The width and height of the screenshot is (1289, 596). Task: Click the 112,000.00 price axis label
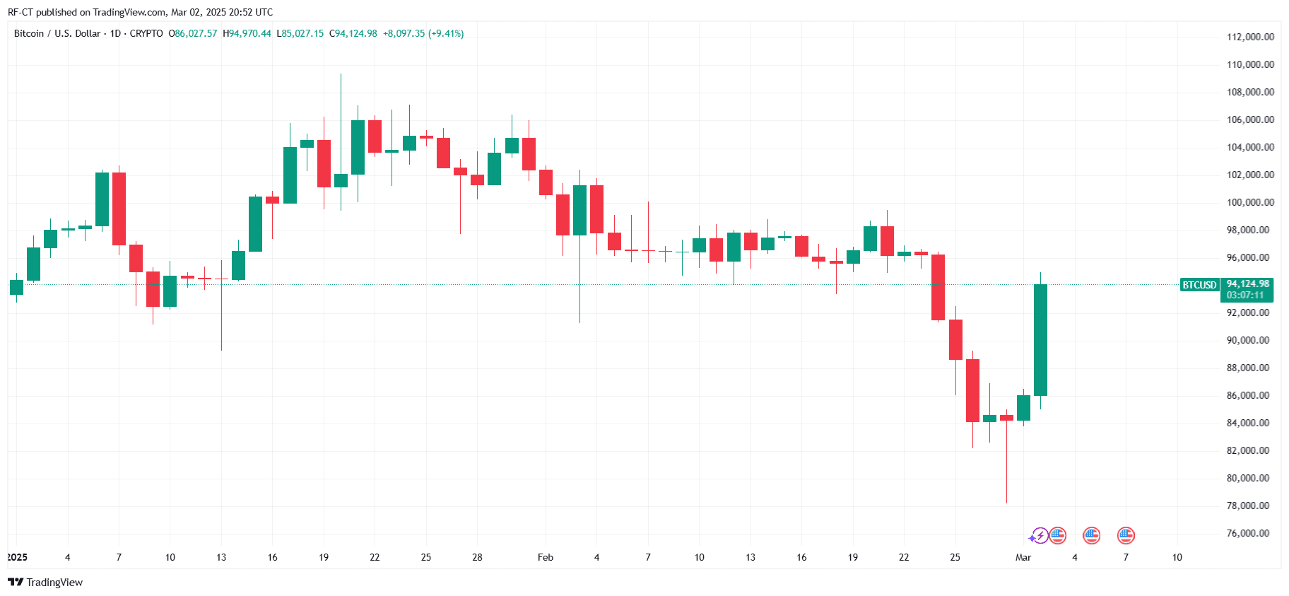(x=1250, y=37)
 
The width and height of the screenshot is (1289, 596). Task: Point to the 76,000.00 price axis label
(x=1250, y=533)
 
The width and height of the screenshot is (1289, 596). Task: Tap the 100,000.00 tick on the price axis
(x=1250, y=202)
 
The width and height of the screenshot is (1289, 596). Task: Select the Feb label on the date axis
(x=545, y=557)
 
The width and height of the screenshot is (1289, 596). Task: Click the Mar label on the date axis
(x=1023, y=557)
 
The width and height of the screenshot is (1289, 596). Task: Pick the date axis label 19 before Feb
(x=324, y=557)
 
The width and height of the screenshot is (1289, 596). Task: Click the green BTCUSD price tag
(x=1199, y=285)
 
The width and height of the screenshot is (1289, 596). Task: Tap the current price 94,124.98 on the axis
(x=1247, y=284)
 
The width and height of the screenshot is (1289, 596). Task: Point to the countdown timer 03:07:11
(x=1245, y=295)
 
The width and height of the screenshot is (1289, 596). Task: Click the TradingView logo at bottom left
(x=45, y=582)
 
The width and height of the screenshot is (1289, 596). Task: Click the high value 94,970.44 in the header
(x=249, y=33)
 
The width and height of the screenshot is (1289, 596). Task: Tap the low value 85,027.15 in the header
(x=302, y=33)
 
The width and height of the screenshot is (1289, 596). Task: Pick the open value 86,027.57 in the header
(x=196, y=33)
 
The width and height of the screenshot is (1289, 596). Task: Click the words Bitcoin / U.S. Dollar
(x=57, y=33)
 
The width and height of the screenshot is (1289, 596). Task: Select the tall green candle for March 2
(x=1040, y=339)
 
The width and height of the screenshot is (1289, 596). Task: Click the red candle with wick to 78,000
(x=1006, y=418)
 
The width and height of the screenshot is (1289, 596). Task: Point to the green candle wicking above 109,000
(x=341, y=180)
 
